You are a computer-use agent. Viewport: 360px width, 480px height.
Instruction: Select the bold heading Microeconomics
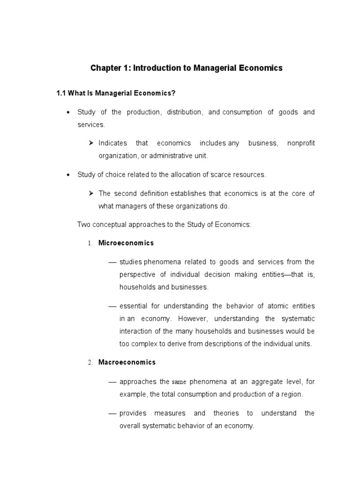coord(126,243)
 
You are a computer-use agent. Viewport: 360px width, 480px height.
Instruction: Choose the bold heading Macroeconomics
coord(127,362)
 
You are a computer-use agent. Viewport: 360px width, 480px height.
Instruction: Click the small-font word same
coord(179,382)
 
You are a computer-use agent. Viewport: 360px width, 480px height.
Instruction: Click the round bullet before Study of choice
coord(68,175)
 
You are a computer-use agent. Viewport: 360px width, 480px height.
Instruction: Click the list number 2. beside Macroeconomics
coord(90,363)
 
